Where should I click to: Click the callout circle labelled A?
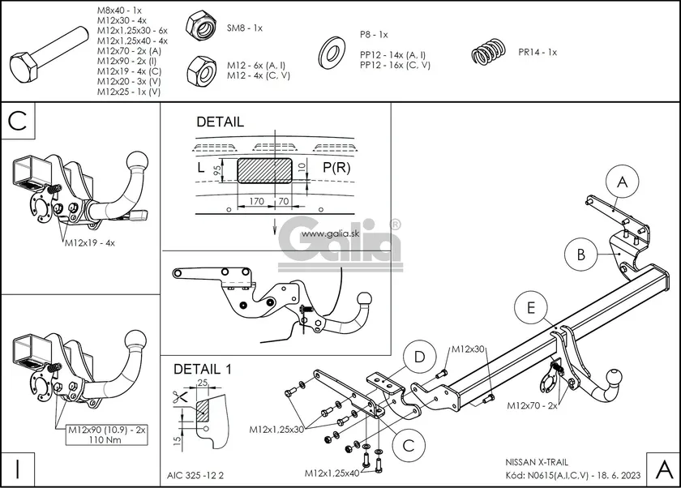tap(622, 183)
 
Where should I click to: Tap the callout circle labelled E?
tap(530, 308)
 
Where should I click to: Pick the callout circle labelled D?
tap(419, 357)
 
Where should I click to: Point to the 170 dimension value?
tap(255, 199)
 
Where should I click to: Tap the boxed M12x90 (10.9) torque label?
tap(106, 433)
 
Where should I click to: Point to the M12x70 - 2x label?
tap(532, 405)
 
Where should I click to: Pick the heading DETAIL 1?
tap(202, 369)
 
